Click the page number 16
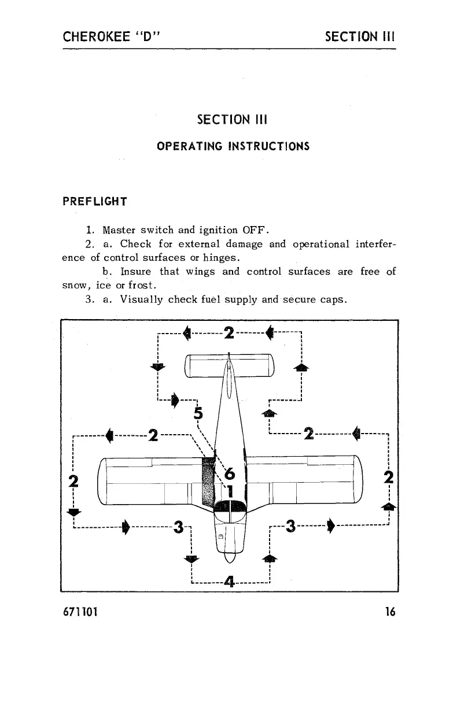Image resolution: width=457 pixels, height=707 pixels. (x=389, y=611)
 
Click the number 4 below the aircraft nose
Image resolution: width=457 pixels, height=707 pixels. (x=230, y=582)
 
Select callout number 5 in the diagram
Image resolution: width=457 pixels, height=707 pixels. (x=198, y=413)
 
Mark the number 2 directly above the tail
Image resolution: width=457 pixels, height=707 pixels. (x=229, y=333)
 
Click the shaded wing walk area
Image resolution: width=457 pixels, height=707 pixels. (x=207, y=480)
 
